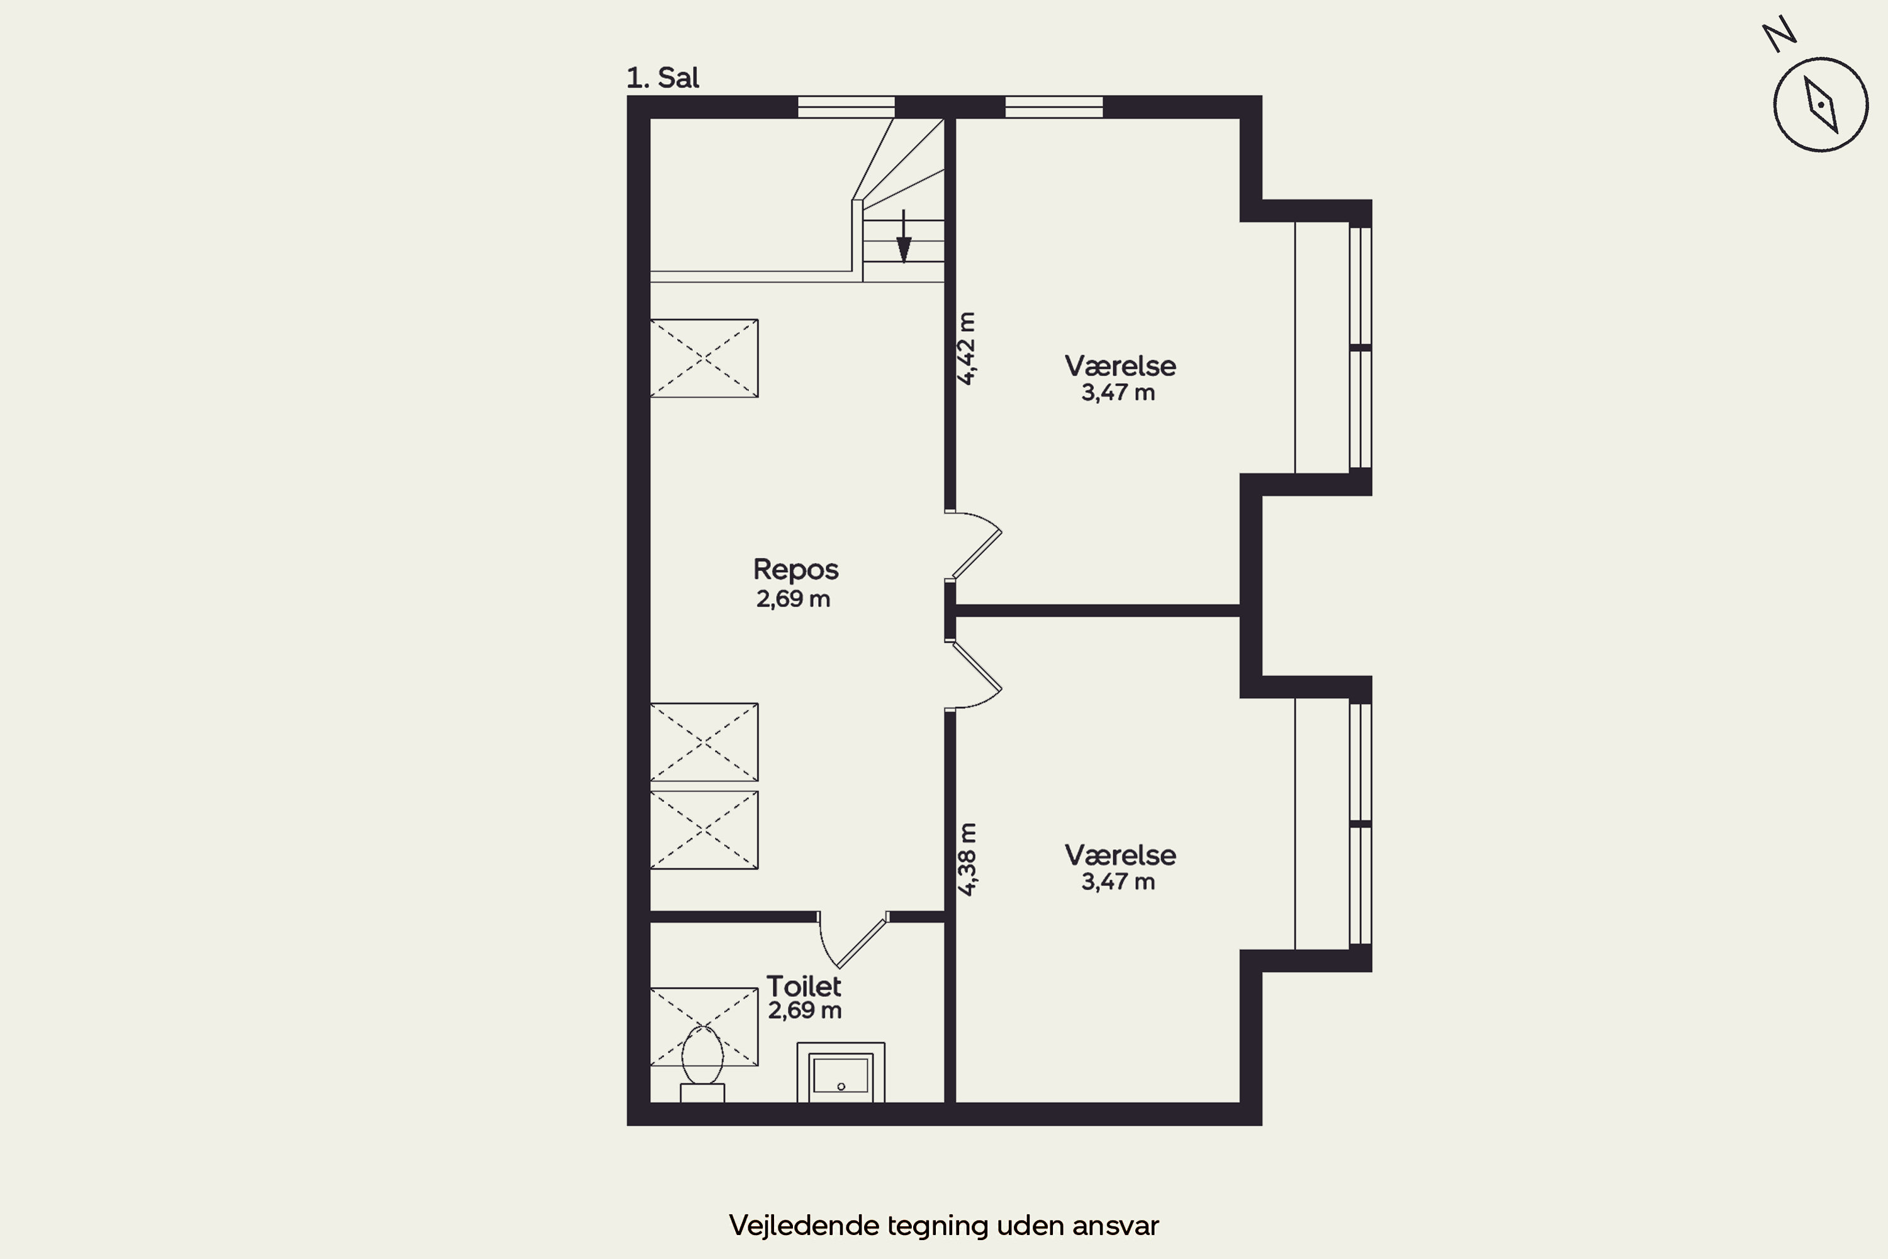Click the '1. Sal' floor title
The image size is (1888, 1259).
[662, 78]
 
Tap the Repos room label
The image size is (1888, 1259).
[795, 569]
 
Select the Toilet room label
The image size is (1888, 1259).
[804, 986]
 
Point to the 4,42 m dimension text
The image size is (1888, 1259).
[967, 349]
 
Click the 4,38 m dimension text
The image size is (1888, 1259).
[967, 859]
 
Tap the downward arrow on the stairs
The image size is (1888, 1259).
[904, 237]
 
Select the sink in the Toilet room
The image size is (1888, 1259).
[840, 1073]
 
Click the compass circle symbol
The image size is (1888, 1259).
[1821, 104]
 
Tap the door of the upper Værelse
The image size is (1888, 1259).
[973, 545]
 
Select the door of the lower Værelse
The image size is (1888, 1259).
[973, 674]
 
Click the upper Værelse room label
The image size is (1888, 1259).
[1120, 366]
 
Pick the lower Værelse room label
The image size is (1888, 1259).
[1120, 855]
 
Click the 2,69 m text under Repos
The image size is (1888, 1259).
[793, 599]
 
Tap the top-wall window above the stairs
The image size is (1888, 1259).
[846, 107]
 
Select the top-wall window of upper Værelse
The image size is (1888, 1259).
[1054, 107]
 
